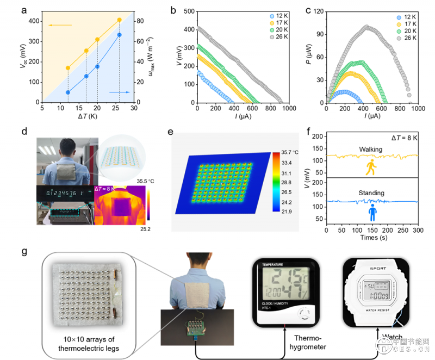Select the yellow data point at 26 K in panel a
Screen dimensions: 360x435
tap(120, 20)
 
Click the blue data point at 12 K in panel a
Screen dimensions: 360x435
tap(68, 92)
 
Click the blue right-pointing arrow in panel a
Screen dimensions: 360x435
tap(120, 92)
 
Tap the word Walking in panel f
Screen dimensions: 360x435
tap(371, 148)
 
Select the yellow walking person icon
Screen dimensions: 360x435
tap(372, 167)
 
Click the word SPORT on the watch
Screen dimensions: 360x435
tap(372, 269)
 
